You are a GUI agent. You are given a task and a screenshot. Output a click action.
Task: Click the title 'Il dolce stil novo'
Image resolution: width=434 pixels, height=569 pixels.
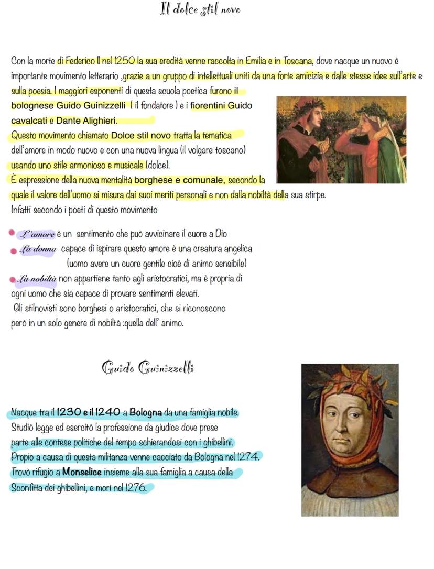200,9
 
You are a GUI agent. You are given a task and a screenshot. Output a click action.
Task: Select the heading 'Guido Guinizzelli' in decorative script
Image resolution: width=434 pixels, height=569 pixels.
147,367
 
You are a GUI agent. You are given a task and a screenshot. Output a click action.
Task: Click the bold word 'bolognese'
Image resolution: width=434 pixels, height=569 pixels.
32,105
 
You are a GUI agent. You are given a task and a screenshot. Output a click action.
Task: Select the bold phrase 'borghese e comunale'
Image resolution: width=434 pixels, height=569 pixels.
179,180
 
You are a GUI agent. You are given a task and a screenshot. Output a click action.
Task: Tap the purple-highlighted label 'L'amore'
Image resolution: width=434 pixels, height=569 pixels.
36,234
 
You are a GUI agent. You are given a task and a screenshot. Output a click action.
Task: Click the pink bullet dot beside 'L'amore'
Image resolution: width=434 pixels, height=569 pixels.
12,234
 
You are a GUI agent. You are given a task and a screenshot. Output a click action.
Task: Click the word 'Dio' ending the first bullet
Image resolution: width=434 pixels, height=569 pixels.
221,234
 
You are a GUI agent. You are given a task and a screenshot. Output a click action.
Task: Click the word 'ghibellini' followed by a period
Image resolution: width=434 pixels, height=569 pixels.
215,442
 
